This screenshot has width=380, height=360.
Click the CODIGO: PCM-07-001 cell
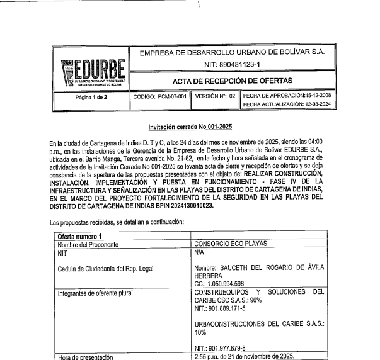(159, 97)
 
